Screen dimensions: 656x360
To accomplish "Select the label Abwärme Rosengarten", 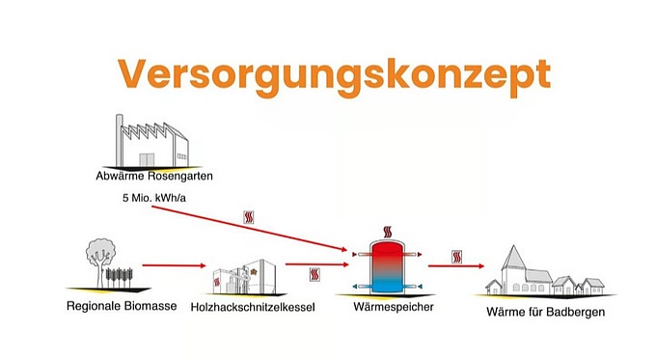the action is tap(154, 178).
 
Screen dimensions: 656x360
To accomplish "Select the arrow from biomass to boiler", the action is tap(174, 264).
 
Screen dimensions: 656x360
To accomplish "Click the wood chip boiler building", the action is tap(245, 276).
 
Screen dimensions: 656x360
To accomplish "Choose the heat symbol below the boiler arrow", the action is tap(314, 275).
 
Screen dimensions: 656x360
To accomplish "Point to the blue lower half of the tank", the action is tap(389, 281).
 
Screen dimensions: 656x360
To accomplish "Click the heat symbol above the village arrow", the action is tap(456, 257).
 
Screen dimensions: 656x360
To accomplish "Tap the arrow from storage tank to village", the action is tap(456, 268).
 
